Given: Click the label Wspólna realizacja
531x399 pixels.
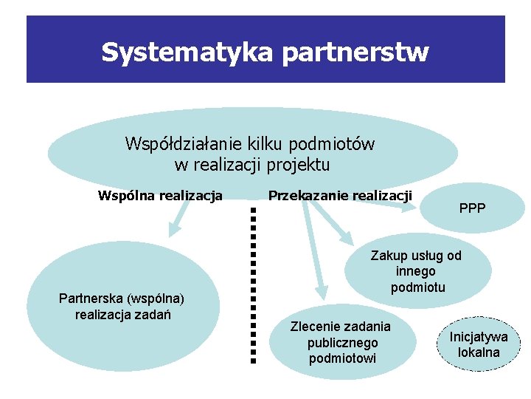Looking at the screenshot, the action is tap(160, 196).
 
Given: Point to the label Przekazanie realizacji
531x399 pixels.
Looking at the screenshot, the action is tap(340, 195).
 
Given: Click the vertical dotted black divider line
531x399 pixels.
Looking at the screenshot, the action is tap(252, 284).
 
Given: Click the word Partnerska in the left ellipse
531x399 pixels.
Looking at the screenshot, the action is tap(91, 299).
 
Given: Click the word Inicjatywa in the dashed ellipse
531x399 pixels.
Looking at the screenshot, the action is tap(479, 337).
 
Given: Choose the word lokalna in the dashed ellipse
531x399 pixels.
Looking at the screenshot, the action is tap(479, 352).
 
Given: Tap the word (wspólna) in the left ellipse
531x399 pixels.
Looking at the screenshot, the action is tap(156, 299).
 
